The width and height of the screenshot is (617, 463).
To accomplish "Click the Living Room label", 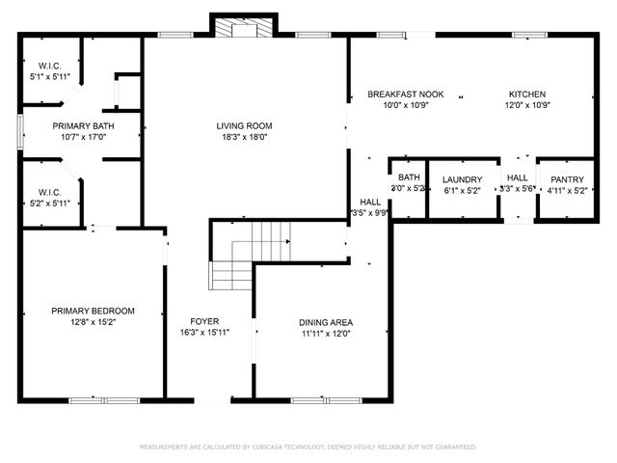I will point(245,125).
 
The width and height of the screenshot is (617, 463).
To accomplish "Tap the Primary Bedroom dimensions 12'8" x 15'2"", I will point(93,323).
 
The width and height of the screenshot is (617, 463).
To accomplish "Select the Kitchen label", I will point(527,94).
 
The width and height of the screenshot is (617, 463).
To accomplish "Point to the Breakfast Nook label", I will point(405,94).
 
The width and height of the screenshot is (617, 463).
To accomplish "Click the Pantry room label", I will point(566,179).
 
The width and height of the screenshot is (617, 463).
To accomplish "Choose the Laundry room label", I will point(462,179).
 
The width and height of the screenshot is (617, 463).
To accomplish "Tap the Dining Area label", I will point(325,322).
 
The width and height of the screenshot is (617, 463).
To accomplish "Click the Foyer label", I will point(203,321).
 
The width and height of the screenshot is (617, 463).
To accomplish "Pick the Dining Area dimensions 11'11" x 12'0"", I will point(325,335).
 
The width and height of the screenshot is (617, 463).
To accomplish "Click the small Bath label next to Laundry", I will point(409,177).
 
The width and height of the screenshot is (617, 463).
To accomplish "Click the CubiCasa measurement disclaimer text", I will point(308,448).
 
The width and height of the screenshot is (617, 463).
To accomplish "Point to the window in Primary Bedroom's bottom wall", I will point(104,399).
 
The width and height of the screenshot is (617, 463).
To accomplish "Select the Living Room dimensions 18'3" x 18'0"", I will point(245,137).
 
